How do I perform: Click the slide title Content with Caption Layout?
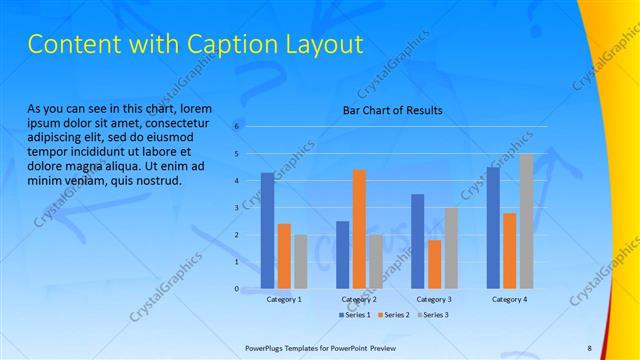click(194, 45)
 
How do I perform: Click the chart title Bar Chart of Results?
click(392, 110)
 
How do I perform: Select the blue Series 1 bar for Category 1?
click(267, 230)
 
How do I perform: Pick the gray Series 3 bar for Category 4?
click(525, 221)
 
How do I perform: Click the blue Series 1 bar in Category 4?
click(492, 227)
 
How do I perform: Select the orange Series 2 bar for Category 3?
click(434, 264)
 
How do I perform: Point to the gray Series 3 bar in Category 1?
click(300, 261)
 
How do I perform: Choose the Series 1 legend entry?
click(356, 315)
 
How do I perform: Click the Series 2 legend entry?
click(393, 315)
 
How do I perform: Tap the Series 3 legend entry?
click(431, 315)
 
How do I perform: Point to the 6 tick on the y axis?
click(237, 127)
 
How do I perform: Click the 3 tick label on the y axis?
click(237, 208)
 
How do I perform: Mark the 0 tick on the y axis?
click(237, 289)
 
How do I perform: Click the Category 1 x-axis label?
click(284, 299)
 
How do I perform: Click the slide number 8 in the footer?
click(589, 347)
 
